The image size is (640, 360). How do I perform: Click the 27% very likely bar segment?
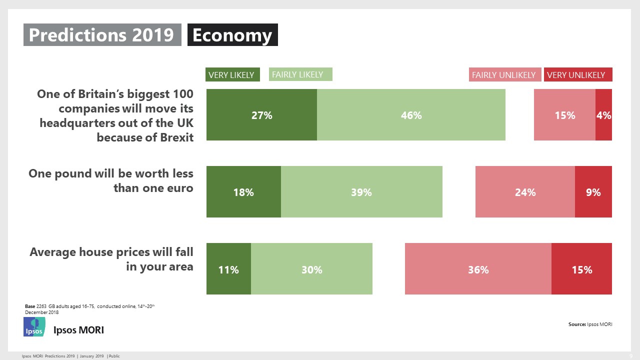coord(261,115)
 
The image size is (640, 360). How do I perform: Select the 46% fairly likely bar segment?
coord(411,115)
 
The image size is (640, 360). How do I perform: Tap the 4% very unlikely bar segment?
coord(603,115)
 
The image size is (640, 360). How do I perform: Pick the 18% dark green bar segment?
coord(243,192)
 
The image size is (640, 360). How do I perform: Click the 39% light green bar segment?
coord(361,192)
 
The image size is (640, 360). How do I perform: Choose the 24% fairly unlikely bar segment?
coord(525,192)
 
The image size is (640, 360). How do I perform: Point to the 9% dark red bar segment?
coord(593,192)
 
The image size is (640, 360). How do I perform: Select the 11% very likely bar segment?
coord(228,269)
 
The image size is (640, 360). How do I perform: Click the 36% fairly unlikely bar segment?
coord(478,269)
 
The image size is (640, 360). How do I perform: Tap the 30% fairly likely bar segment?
coord(311,269)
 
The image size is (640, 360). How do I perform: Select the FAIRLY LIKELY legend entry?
coord(300,74)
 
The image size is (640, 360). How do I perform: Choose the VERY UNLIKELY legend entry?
coord(577,74)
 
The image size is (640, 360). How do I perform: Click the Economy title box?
coord(232,35)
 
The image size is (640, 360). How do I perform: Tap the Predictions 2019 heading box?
coord(102,35)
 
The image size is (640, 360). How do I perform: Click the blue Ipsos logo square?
coord(34,327)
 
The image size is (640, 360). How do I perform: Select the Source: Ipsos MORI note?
coord(590,324)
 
